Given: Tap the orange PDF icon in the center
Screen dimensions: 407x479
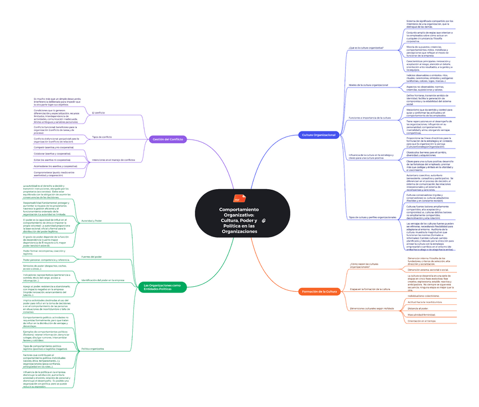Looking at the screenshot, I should pyautogui.click(x=237, y=199).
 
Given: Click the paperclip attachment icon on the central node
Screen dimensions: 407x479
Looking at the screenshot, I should pyautogui.click(x=263, y=218).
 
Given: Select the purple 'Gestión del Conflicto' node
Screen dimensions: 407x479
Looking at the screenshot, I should pyautogui.click(x=168, y=139).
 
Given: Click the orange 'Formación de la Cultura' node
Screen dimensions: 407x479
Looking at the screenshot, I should pyautogui.click(x=319, y=291).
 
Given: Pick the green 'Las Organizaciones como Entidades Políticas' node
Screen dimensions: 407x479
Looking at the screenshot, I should pyautogui.click(x=162, y=287).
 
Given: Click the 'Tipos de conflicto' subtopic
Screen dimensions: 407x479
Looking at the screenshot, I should pyautogui.click(x=102, y=137).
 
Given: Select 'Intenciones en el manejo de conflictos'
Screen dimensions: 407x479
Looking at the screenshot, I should pyautogui.click(x=114, y=160).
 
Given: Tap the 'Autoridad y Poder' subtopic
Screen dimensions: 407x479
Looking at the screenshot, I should pyautogui.click(x=92, y=220).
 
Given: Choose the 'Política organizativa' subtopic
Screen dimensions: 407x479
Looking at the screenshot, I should pyautogui.click(x=93, y=348).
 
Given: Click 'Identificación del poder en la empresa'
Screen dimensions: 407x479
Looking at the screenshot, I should pyautogui.click(x=103, y=279).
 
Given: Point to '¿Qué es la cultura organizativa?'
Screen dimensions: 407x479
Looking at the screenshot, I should pyautogui.click(x=366, y=48).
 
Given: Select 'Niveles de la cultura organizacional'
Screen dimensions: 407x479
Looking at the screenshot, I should pyautogui.click(x=368, y=85).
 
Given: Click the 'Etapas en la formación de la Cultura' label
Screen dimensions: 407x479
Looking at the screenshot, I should pyautogui.click(x=369, y=288).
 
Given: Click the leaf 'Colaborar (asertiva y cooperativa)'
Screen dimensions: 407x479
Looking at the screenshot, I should pyautogui.click(x=53, y=154).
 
